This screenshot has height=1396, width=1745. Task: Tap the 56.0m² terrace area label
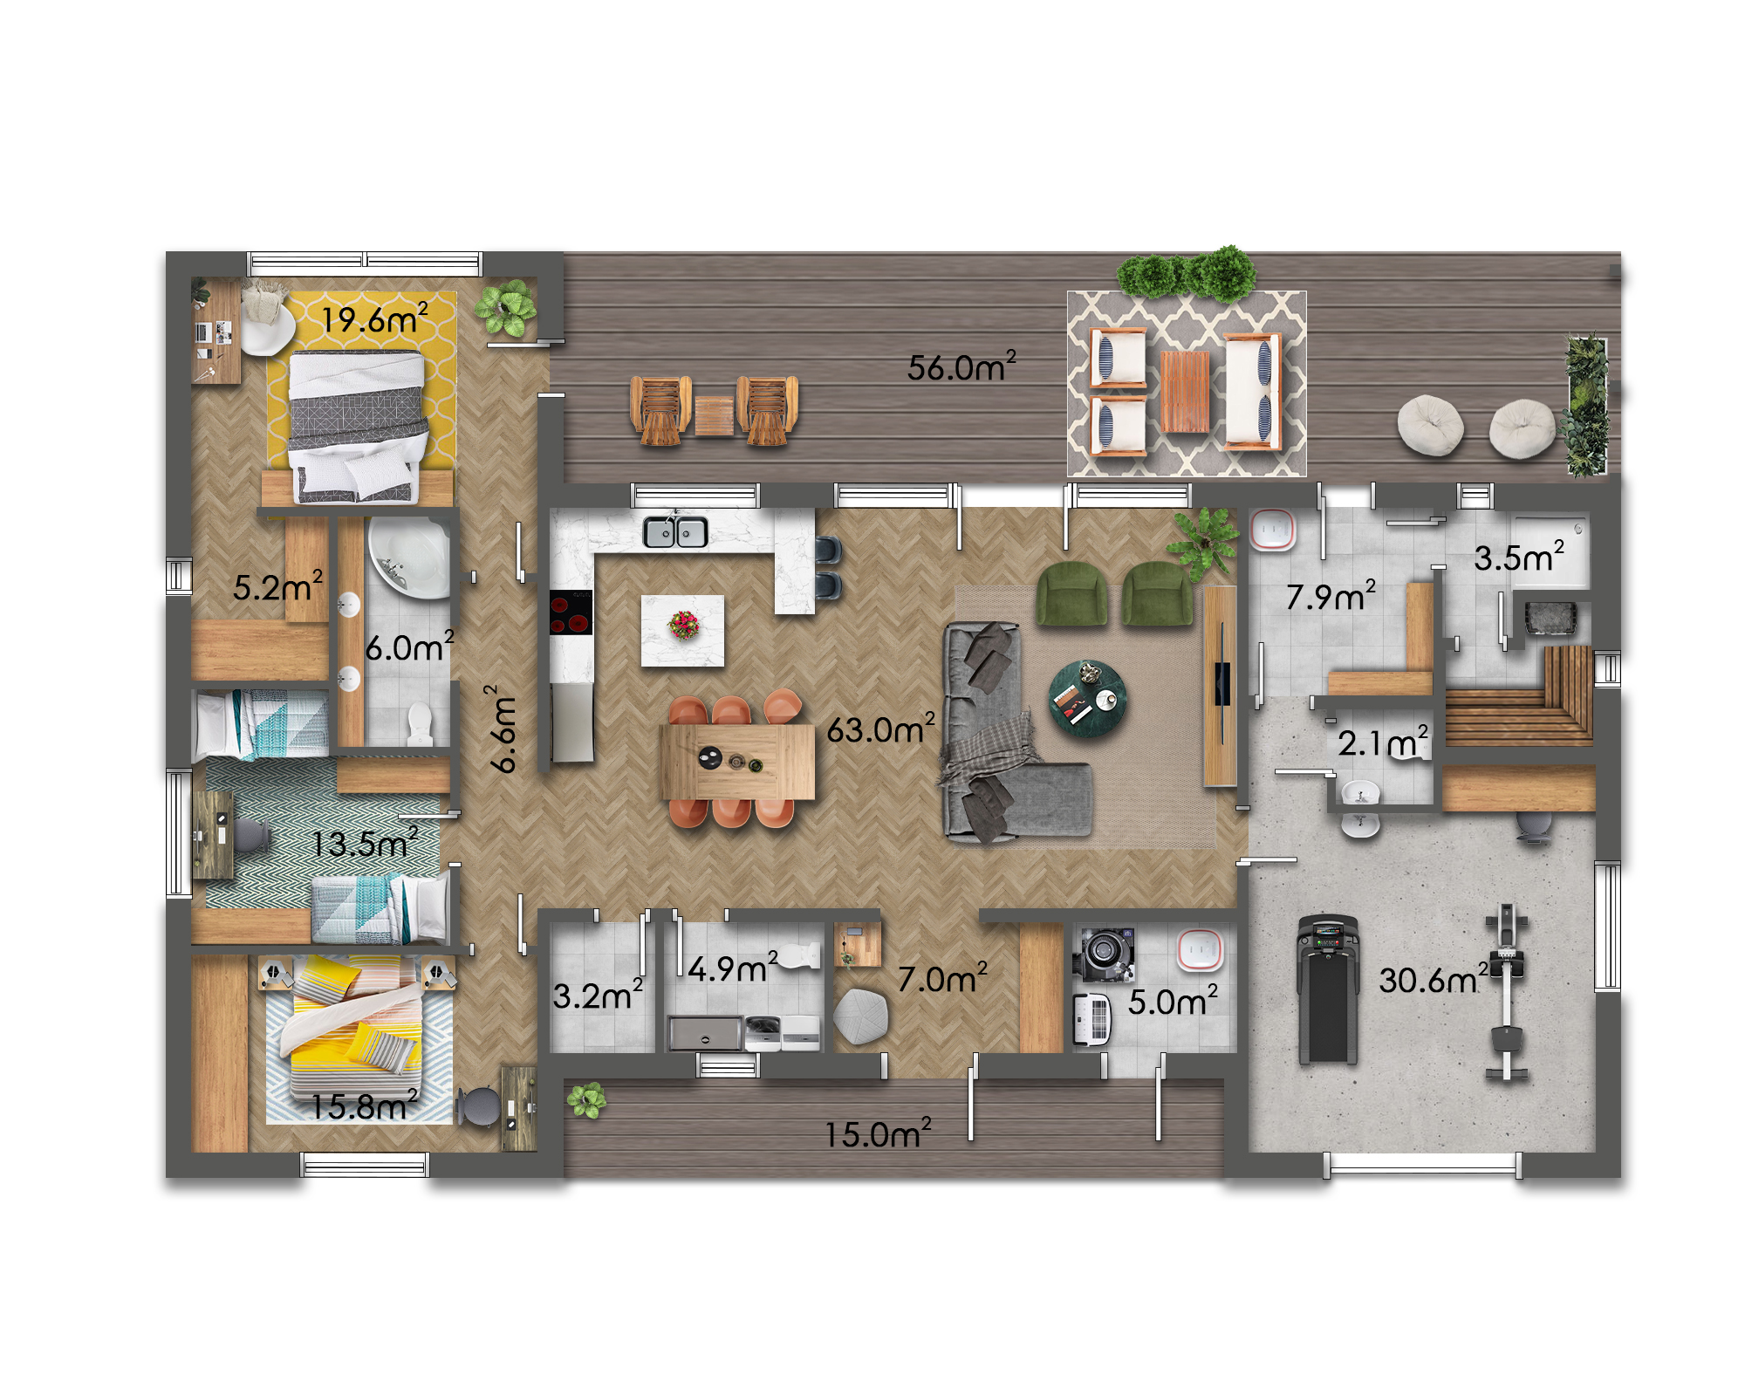961,366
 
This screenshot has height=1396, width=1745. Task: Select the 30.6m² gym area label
1434,979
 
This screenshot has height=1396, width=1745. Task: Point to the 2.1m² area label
1383,742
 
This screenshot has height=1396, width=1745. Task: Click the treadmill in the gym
1328,989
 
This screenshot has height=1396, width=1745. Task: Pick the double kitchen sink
675,531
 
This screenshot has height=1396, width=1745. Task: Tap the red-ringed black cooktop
571,612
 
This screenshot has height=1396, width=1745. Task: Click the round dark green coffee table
1087,698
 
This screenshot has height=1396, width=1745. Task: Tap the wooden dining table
737,762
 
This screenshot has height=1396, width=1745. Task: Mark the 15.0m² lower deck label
878,1133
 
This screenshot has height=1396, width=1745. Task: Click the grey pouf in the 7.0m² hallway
860,1016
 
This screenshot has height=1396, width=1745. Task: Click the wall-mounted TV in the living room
1222,684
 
